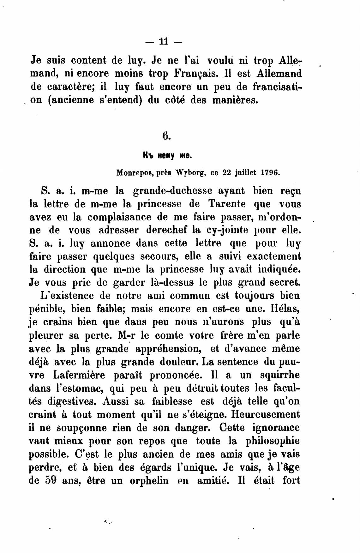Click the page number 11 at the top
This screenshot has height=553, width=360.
[x=164, y=41]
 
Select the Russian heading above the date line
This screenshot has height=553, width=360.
[x=167, y=155]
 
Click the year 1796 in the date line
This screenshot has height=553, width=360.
[x=270, y=173]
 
